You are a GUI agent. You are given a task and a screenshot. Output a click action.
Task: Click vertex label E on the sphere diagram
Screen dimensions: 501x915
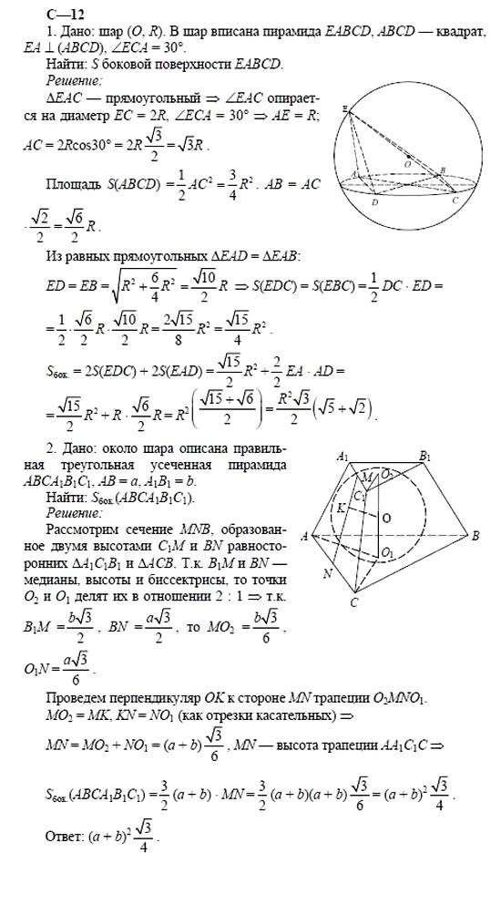(x=346, y=108)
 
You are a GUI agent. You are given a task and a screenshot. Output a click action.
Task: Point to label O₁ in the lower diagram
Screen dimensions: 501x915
(x=387, y=552)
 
